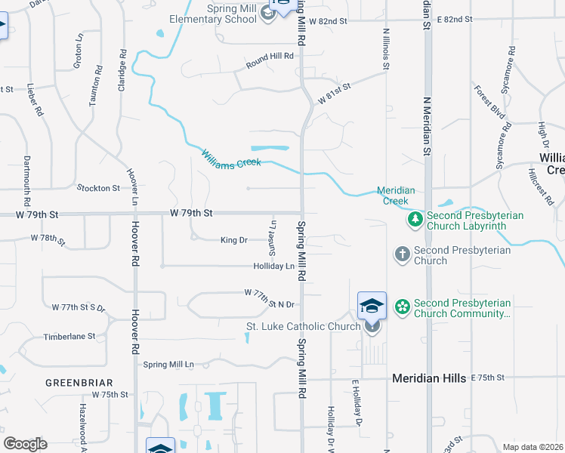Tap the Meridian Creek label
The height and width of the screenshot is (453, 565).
(397, 196)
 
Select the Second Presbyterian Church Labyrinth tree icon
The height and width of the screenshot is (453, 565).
(414, 220)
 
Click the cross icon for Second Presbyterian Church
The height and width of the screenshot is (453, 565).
(402, 254)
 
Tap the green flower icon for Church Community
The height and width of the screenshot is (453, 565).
(402, 307)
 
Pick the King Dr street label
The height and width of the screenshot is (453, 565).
(233, 240)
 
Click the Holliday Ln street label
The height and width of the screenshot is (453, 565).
(273, 267)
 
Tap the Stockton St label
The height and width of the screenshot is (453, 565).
(98, 188)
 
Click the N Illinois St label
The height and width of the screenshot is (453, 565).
(386, 49)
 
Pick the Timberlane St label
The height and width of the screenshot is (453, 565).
(69, 336)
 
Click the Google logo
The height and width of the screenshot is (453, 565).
(24, 444)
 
